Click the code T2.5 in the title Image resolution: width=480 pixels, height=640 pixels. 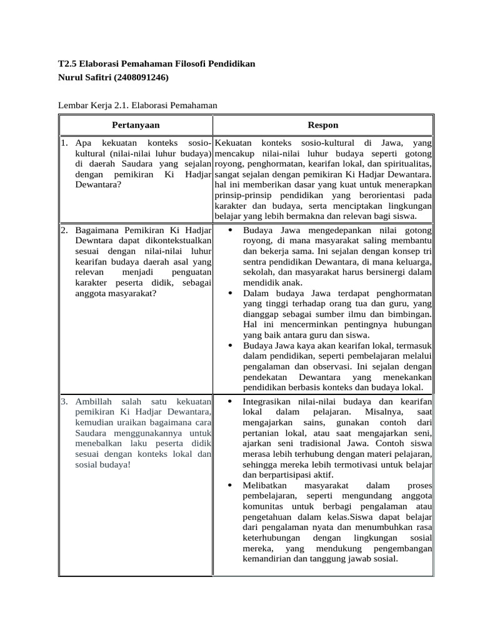pos(67,64)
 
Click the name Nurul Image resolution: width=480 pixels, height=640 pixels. pos(71,77)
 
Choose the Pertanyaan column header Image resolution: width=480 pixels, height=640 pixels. pos(136,125)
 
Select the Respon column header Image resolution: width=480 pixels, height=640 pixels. pos(323,125)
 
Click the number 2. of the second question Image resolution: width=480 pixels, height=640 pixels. pos(64,230)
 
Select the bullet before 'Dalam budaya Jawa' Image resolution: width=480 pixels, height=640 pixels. pos(231,292)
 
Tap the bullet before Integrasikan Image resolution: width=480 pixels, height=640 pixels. pos(231,401)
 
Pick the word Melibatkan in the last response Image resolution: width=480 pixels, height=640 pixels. pos(266,485)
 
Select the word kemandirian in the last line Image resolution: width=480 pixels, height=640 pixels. pos(267,558)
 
